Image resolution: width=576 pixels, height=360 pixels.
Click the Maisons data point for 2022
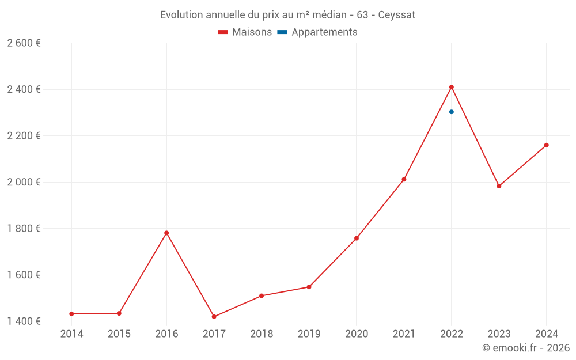452,87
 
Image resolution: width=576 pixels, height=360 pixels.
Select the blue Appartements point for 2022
452,112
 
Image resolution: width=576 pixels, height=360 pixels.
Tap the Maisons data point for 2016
166,233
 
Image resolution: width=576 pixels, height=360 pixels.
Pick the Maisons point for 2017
214,317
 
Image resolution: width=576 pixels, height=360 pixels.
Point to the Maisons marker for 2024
547,145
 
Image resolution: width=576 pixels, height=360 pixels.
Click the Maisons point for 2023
499,186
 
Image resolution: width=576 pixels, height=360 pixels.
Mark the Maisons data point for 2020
357,238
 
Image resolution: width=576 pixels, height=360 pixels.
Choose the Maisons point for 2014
71,314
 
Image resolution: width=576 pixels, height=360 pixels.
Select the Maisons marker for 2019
309,287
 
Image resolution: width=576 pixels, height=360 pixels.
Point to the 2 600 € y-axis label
24,43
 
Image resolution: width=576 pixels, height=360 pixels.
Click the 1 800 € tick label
24,229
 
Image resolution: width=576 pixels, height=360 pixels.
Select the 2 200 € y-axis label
24,136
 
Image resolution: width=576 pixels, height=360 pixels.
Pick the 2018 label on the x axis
262,334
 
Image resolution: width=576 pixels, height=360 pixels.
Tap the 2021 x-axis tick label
404,334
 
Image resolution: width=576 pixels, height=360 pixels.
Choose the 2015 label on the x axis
119,334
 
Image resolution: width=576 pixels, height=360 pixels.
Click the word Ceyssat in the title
397,14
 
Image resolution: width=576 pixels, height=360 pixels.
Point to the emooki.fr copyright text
526,348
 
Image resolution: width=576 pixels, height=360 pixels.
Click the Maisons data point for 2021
404,180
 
